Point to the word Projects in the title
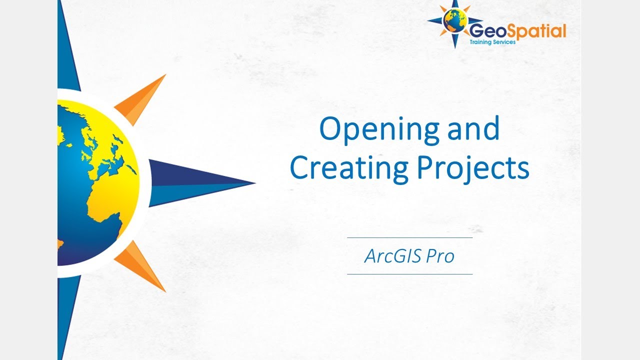tap(473, 169)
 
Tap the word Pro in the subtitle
tap(440, 256)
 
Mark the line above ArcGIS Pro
tap(409, 238)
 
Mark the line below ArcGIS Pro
tap(409, 274)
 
